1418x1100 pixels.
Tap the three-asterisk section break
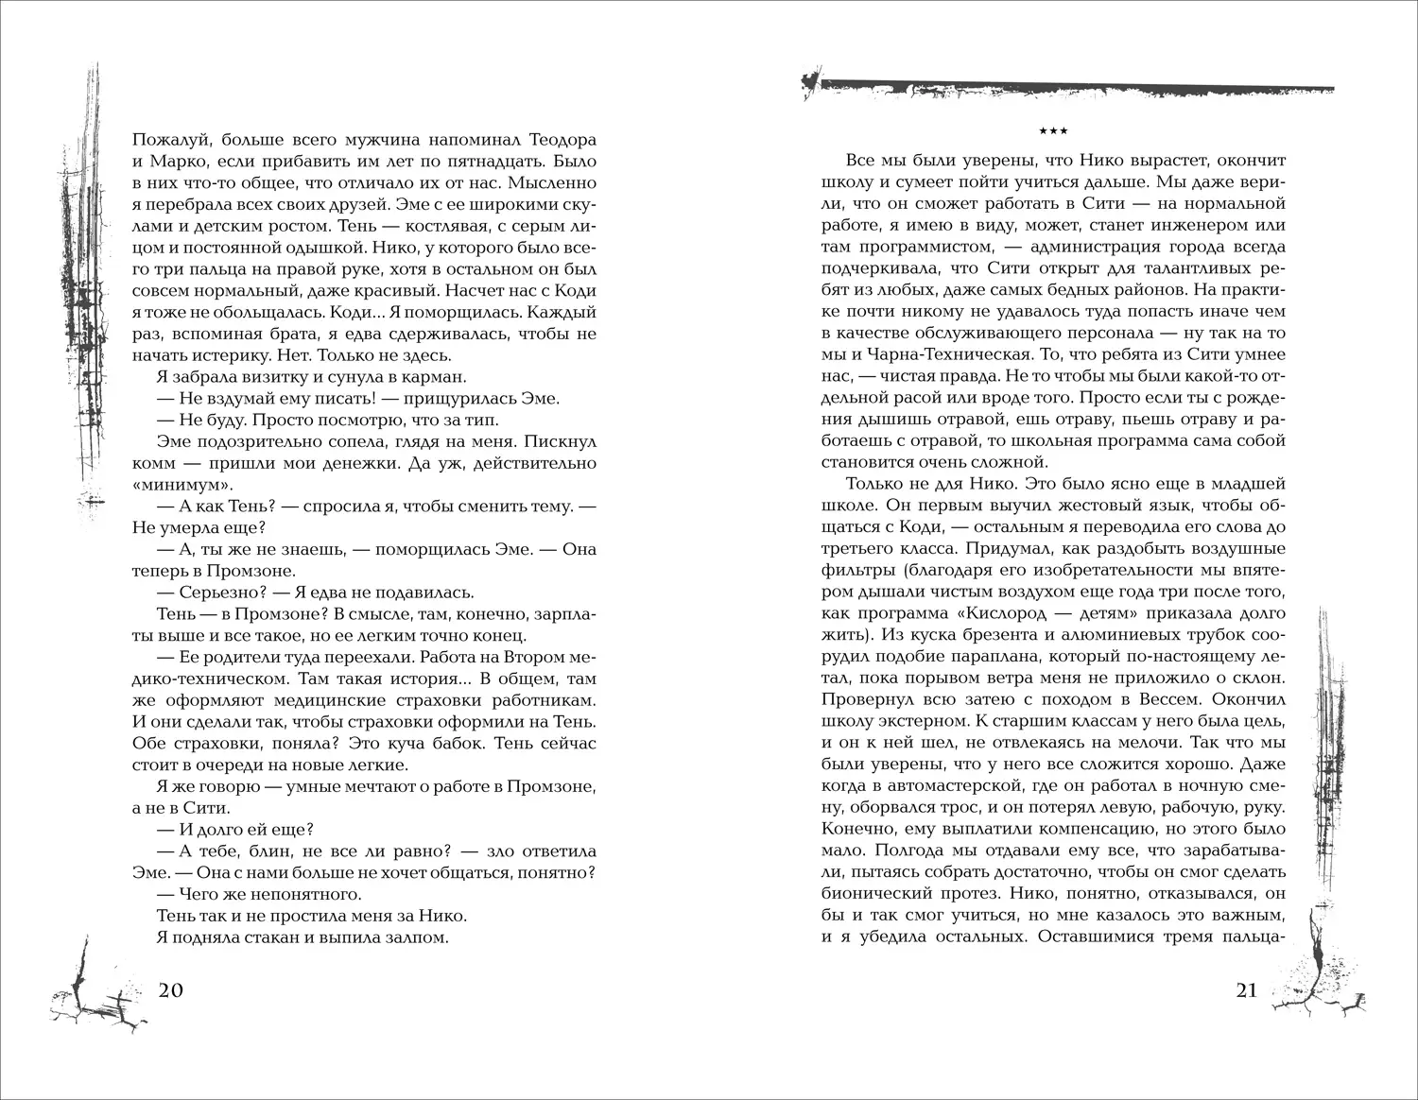[x=1052, y=129]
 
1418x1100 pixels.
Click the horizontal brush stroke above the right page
[x=1068, y=87]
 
